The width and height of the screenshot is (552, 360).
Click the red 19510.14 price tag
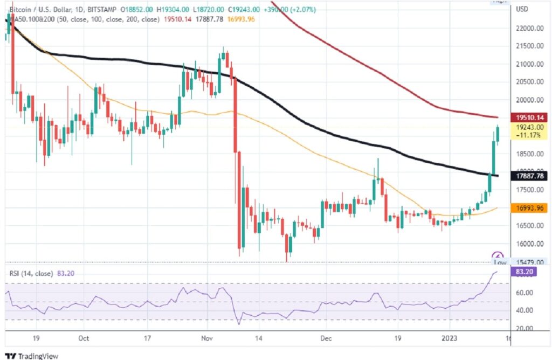pos(531,117)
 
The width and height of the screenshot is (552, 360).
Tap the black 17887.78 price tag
pos(531,176)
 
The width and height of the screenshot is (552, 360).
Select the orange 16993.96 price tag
pos(531,208)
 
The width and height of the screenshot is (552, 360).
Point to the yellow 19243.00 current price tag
pos(531,127)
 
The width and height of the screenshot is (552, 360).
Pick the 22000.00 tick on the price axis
pos(529,29)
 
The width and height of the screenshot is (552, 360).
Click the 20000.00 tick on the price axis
pos(529,100)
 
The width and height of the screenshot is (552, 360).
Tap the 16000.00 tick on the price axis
pos(529,244)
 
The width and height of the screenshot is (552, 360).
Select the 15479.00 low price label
pos(529,261)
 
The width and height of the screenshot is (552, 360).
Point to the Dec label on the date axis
pos(325,340)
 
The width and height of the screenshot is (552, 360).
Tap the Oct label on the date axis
pos(84,340)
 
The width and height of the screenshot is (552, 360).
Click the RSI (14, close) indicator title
pos(31,273)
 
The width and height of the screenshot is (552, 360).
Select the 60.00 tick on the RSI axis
pos(525,293)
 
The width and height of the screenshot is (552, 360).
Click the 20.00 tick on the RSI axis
pos(525,328)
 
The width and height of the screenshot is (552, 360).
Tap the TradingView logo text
pos(38,356)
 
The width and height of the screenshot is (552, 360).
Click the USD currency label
pos(522,9)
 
